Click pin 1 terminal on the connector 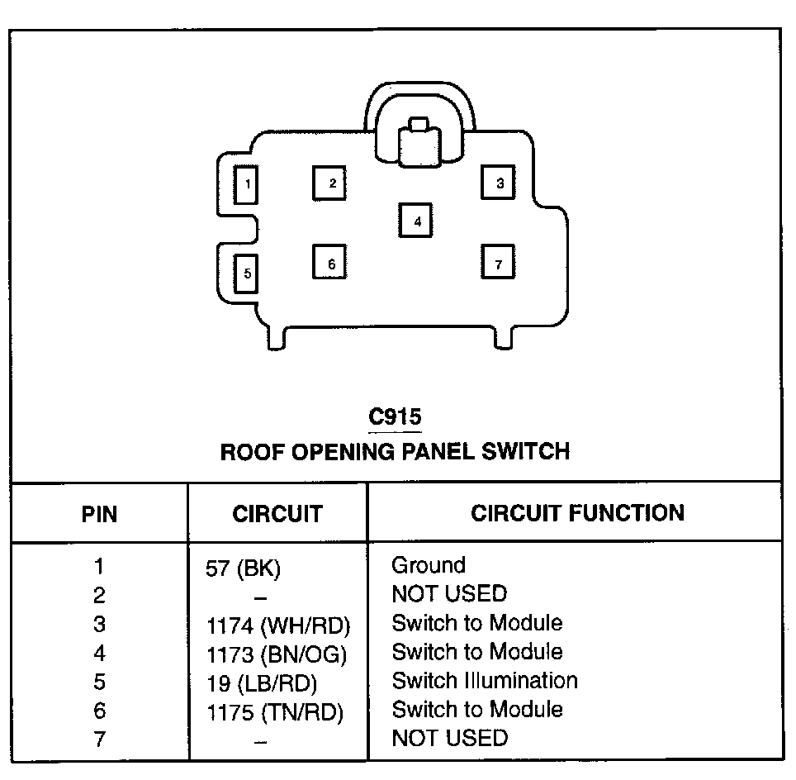pos(246,184)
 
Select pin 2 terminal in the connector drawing pos(329,183)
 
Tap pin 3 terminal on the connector pos(498,183)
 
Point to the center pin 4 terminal pos(416,221)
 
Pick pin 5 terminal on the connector pos(246,273)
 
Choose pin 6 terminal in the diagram pos(329,263)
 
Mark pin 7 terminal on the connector pos(498,263)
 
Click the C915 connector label pos(395,416)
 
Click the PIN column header pos(99,514)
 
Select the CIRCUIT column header pos(277,514)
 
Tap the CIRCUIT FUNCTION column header pos(577,513)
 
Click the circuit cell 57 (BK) pos(244,569)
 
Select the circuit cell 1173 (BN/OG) pos(277,655)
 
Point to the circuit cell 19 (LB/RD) pos(262,683)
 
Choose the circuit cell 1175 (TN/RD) pos(274,712)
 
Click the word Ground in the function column pos(428,566)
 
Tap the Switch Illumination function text pos(484,681)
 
